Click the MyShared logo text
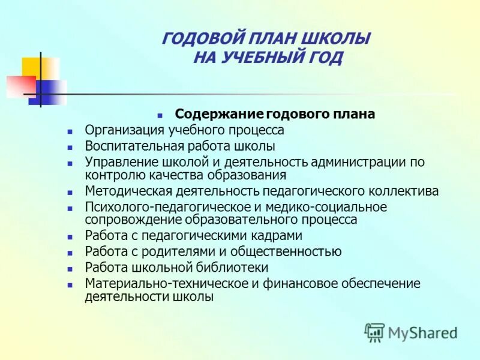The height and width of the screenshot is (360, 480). coord(423,332)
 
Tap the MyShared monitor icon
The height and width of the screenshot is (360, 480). coord(375,332)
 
